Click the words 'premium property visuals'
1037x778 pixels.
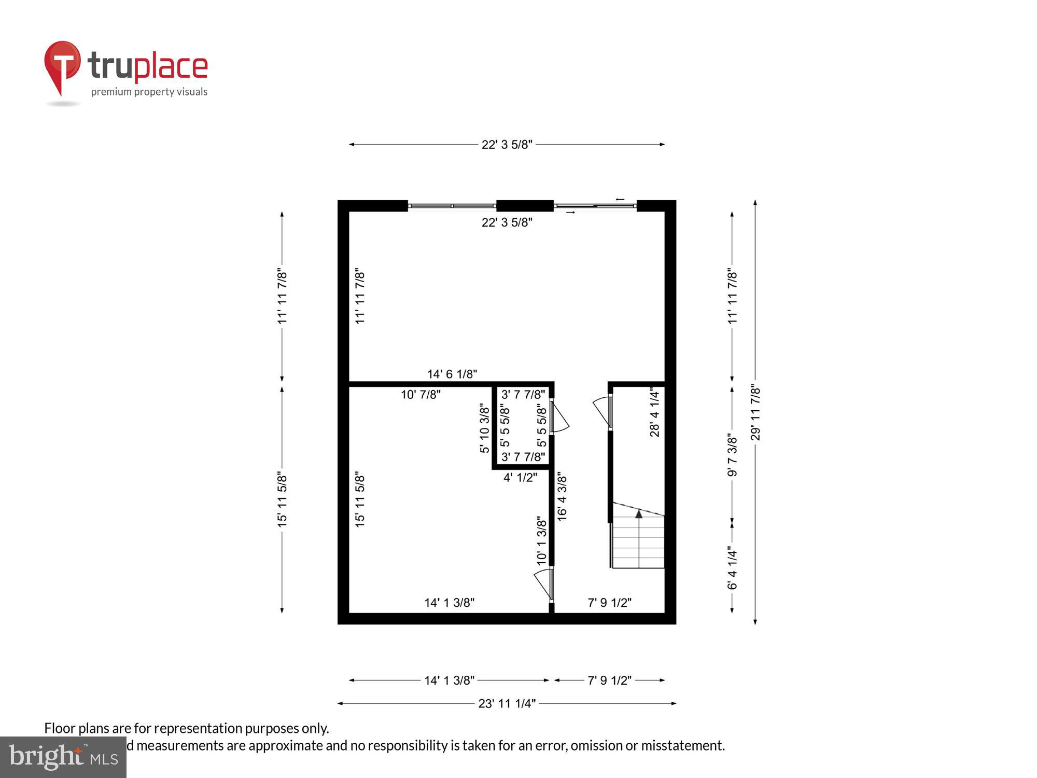point(149,92)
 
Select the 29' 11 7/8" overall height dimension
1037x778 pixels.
point(755,413)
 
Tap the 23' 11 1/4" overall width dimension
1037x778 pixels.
point(507,704)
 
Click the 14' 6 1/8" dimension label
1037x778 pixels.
point(452,374)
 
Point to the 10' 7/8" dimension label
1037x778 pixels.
point(421,395)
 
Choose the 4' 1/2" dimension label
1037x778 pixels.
point(520,477)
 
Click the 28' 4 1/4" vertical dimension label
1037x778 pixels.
point(655,413)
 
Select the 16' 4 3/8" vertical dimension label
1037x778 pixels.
point(562,496)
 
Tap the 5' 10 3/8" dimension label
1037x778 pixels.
point(484,428)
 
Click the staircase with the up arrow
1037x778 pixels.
point(638,539)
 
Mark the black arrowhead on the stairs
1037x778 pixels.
point(639,514)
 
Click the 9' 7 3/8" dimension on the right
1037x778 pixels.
point(732,455)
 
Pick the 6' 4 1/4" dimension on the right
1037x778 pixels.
point(732,568)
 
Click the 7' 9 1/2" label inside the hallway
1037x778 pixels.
point(609,603)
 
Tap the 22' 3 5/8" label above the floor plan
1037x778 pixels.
point(507,145)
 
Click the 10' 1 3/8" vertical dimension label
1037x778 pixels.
point(541,540)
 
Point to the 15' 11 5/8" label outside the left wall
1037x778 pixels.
point(282,499)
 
